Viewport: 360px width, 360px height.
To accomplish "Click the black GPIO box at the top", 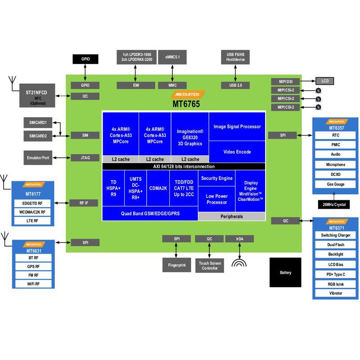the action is point(85,59).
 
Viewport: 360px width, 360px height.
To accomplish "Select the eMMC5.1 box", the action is point(172,57).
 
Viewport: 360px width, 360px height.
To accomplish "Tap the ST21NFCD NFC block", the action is point(37,95).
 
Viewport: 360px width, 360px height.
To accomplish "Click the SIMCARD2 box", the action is point(38,136).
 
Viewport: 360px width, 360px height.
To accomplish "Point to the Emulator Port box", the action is point(38,158).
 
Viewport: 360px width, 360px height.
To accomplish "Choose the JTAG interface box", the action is point(85,158).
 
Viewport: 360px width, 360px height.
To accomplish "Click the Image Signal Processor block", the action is point(237,126).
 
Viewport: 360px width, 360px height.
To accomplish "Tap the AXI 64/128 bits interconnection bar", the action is point(184,166).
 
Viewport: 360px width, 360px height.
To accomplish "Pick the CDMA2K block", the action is point(158,188).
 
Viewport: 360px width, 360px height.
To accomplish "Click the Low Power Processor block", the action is point(216,199).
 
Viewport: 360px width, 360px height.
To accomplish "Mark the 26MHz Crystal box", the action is point(334,204).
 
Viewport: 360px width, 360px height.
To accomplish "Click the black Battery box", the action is point(285,272).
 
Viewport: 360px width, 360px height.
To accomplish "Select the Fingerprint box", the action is point(176,265).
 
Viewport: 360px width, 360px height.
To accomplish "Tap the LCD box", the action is point(325,81).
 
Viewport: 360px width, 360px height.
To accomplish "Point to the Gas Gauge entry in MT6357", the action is point(335,184).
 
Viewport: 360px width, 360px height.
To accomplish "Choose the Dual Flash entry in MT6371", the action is point(335,245).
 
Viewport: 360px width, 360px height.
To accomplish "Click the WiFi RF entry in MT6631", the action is point(33,284).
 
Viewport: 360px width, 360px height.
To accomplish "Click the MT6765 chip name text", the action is point(186,104).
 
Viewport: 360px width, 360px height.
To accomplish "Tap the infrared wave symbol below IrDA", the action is point(239,263).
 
